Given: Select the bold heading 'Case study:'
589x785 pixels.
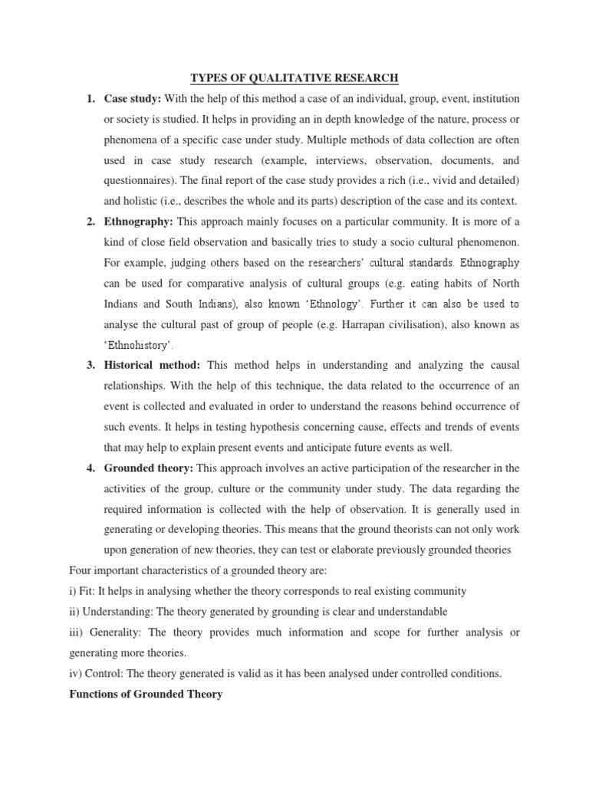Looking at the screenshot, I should (x=130, y=99).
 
